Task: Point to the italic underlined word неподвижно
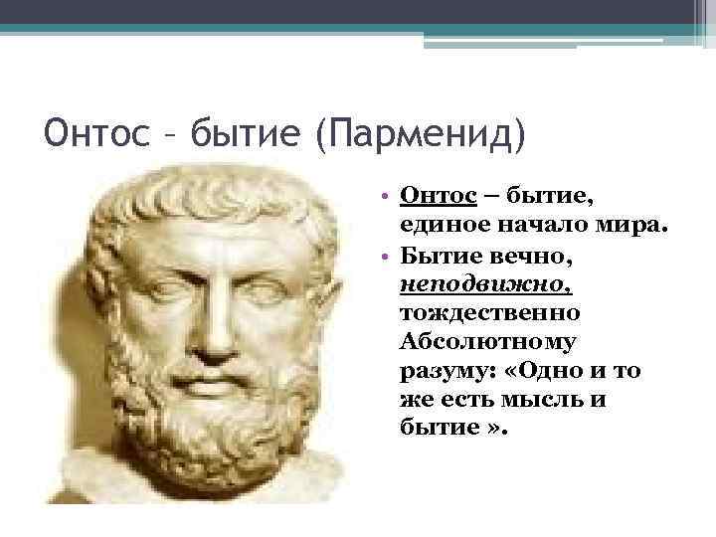coord(485,286)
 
